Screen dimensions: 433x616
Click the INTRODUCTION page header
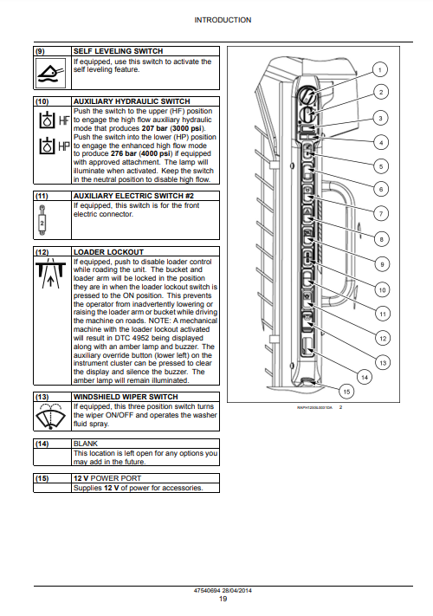click(x=223, y=20)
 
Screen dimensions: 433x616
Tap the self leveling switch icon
click(x=50, y=73)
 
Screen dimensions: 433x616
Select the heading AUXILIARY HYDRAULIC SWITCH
click(x=132, y=101)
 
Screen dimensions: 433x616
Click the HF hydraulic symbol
click(x=55, y=120)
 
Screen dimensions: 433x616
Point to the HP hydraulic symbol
click(x=55, y=146)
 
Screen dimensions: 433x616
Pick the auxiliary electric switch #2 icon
click(x=42, y=221)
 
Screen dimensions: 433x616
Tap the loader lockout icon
click(x=50, y=274)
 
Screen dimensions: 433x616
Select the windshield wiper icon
click(x=50, y=417)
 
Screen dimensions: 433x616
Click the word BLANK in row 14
click(x=85, y=444)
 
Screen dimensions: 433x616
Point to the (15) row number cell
click(x=42, y=478)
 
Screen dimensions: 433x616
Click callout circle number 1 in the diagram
click(x=379, y=70)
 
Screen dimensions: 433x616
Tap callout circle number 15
click(x=346, y=392)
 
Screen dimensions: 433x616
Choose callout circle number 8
click(x=382, y=239)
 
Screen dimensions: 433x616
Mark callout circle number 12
click(x=383, y=338)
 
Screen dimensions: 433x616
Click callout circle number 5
click(x=381, y=166)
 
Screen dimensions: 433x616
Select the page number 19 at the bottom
click(x=223, y=599)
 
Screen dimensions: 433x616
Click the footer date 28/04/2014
click(x=236, y=590)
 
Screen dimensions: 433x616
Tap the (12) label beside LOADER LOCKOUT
click(x=42, y=252)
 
